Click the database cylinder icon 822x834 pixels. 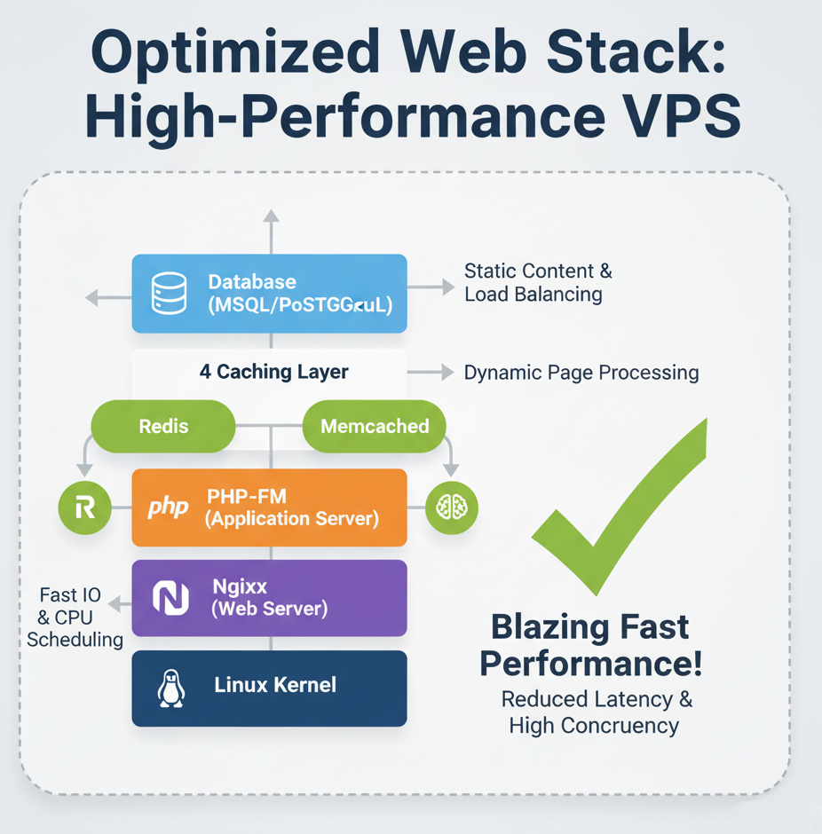click(168, 294)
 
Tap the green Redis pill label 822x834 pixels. click(163, 427)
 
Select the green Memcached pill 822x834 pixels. click(374, 427)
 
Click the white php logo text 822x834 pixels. click(168, 507)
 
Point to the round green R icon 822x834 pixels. click(84, 507)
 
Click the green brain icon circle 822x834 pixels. click(452, 507)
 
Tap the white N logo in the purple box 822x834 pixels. click(170, 597)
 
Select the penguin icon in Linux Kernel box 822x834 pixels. click(170, 688)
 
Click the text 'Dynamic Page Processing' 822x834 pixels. click(581, 373)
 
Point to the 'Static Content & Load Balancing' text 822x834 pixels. click(538, 282)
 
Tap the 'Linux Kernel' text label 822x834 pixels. click(275, 685)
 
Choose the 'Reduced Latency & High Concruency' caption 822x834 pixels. click(596, 712)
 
